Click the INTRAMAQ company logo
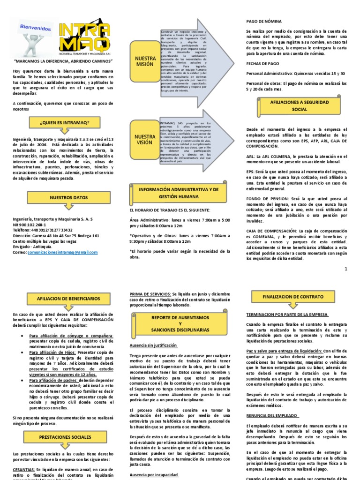pos(89,37)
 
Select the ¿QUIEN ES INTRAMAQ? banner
pos(64,123)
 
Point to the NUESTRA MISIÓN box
pos(145,60)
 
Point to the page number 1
pos(346,269)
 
